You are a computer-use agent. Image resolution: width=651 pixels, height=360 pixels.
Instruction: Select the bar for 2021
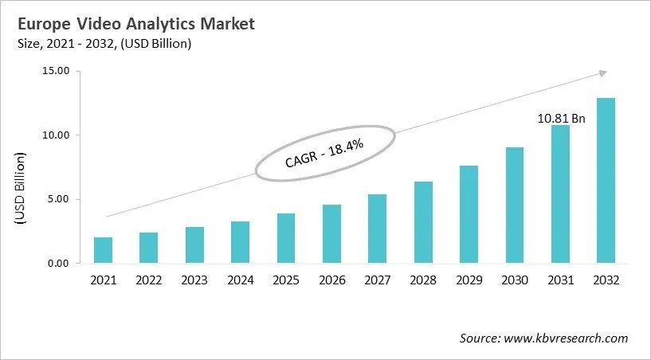[103, 250]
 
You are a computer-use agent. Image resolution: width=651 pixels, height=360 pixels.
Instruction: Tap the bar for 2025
[285, 238]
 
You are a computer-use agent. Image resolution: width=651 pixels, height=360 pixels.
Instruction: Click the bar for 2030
[515, 205]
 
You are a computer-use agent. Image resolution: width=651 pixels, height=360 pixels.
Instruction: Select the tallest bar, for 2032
[606, 181]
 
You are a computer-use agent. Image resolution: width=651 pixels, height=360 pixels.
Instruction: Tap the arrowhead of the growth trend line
[602, 72]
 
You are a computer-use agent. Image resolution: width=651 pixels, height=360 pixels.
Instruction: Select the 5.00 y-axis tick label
[58, 199]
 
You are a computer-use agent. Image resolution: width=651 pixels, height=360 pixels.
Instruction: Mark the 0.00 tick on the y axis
[58, 263]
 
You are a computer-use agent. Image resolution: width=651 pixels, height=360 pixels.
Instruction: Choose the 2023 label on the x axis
[194, 280]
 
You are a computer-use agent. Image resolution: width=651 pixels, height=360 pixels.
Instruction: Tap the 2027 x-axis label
[377, 280]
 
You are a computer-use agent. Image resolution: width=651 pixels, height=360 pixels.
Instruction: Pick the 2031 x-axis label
[560, 280]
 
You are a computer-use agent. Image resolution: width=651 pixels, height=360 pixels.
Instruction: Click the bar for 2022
[148, 248]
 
